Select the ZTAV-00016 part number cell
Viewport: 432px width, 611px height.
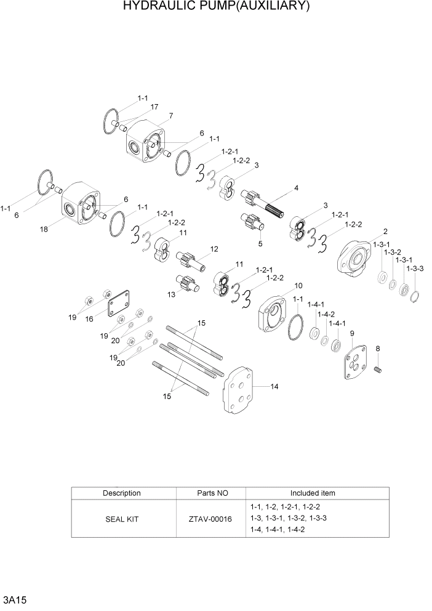click(210, 519)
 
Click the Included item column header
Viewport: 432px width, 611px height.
click(313, 493)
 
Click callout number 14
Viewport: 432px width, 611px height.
click(274, 387)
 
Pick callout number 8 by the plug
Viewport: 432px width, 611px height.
click(378, 349)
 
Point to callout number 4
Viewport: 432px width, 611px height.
click(296, 187)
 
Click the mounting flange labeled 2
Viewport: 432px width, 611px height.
click(354, 256)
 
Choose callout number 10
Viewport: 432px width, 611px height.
click(298, 285)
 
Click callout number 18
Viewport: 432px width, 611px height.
click(44, 229)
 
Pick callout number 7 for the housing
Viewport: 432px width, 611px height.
click(170, 115)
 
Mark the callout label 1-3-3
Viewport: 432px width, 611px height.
click(416, 269)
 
